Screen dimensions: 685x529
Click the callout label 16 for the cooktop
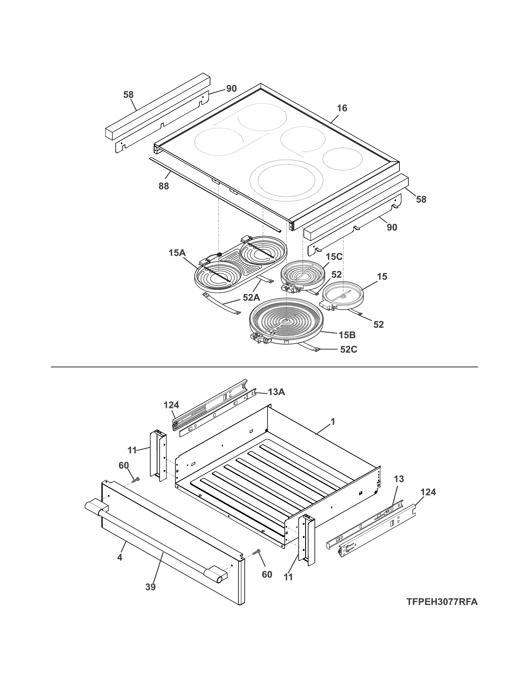click(342, 108)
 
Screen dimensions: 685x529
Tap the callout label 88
click(164, 186)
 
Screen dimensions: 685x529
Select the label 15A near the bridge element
click(177, 252)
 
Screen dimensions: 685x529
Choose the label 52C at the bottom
click(349, 349)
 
